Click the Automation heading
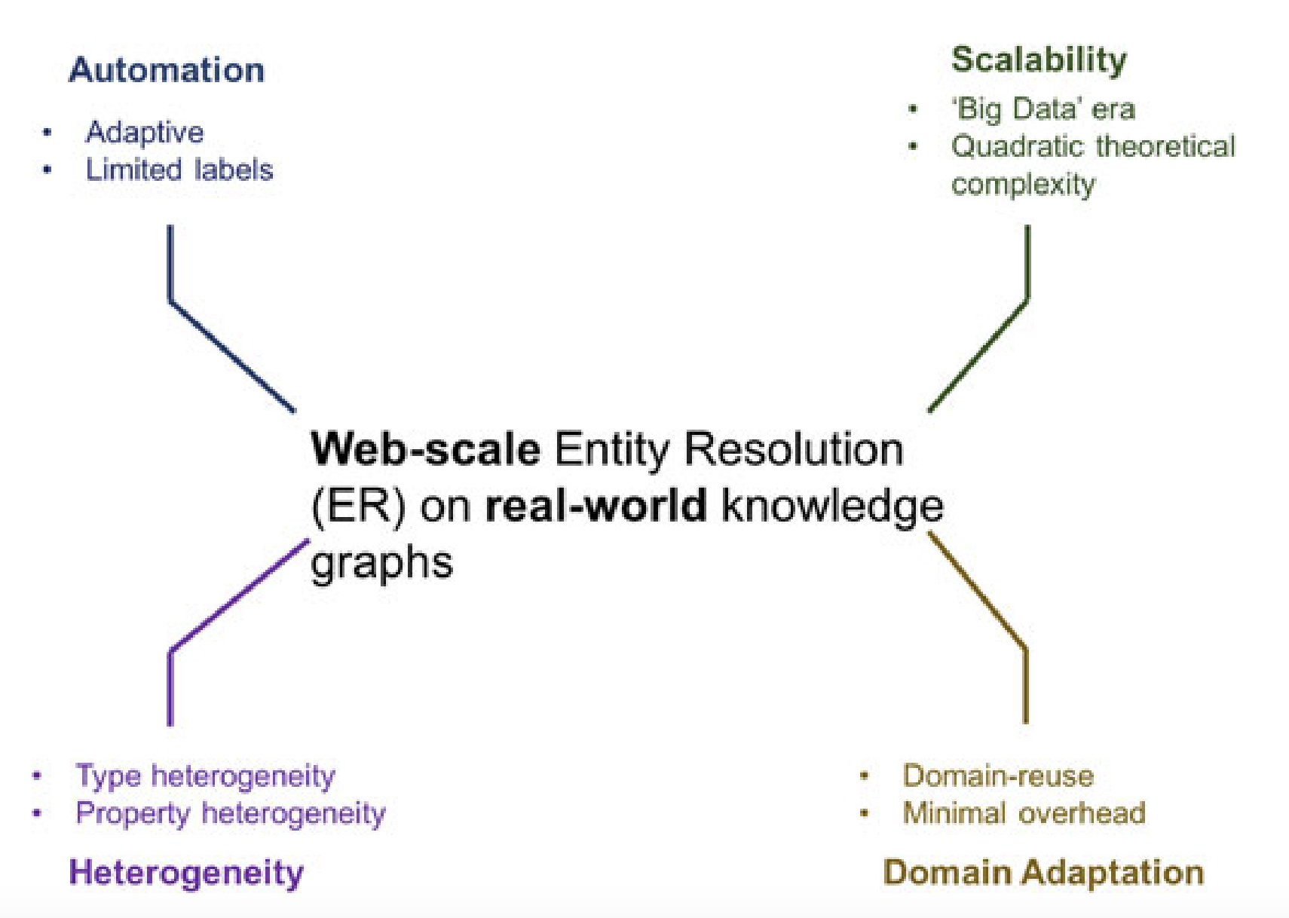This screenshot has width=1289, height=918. [167, 70]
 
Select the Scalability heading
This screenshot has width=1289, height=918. [1039, 60]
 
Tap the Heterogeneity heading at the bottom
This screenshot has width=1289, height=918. [186, 873]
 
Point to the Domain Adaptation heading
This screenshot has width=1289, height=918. [1043, 873]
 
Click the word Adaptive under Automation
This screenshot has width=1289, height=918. [145, 133]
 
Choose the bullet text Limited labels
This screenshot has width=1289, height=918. [179, 170]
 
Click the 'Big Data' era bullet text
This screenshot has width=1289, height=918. [1043, 109]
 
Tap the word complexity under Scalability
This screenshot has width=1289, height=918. [1023, 184]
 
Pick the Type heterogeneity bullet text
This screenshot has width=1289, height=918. [205, 776]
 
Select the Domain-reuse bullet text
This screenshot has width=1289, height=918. [998, 776]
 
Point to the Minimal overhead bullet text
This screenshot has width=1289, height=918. [1024, 813]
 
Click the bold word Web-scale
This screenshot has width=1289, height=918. [425, 449]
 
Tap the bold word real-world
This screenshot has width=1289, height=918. [596, 505]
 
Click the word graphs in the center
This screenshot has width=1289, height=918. [381, 562]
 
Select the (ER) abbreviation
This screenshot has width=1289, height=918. [358, 506]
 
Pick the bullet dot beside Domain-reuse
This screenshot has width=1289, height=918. [864, 776]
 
